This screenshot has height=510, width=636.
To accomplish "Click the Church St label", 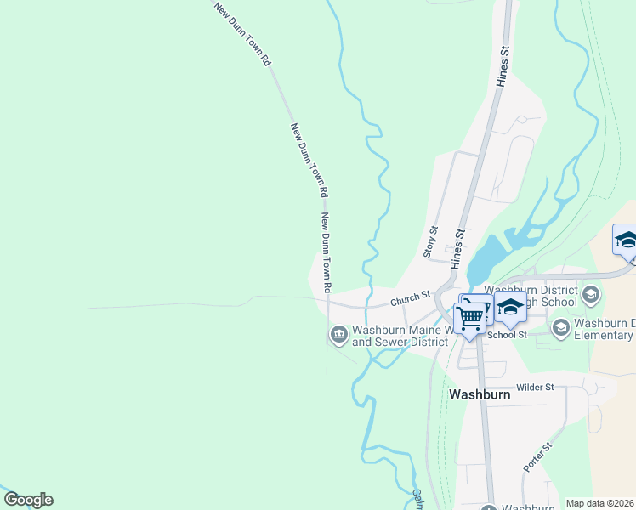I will tap(411, 299).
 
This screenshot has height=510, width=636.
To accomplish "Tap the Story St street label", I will tap(429, 242).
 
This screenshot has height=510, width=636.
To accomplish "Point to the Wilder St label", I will tap(535, 387).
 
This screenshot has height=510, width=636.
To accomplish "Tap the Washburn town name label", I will tap(480, 394).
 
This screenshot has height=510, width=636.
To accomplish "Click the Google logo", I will tap(27, 500).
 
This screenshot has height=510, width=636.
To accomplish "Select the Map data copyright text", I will tap(599, 503).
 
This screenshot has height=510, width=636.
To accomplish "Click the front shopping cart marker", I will tap(469, 319).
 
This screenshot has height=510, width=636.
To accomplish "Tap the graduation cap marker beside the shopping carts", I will tap(510, 308).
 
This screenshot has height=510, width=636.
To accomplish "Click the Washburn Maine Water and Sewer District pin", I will tap(338, 334).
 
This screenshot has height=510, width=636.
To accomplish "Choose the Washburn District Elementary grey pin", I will tap(561, 327).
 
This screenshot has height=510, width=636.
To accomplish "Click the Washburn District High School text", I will tap(531, 296).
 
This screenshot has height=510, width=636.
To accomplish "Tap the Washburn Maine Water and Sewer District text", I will tap(400, 336).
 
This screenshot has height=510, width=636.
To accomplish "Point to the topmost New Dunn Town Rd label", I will tap(242, 35).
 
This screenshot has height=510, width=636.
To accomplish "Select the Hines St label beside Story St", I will tap(460, 248).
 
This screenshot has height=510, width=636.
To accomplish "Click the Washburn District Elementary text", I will tap(604, 328).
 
